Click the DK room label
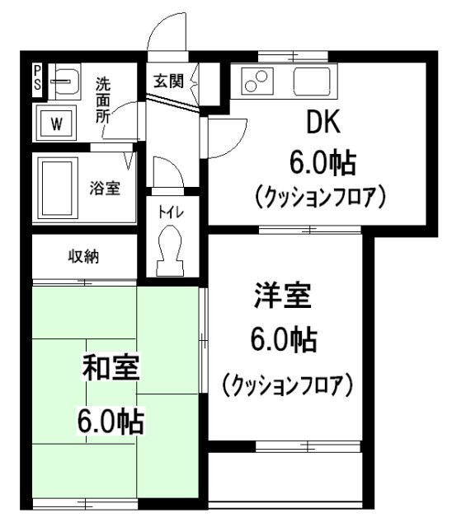tap(324, 123)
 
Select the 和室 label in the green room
tap(111, 367)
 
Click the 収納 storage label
tap(83, 256)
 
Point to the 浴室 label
tap(106, 188)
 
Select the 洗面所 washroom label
tap(104, 99)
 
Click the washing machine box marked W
tap(56, 124)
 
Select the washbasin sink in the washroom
tap(64, 82)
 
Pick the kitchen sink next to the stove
tap(311, 82)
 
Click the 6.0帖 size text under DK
tap(322, 162)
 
